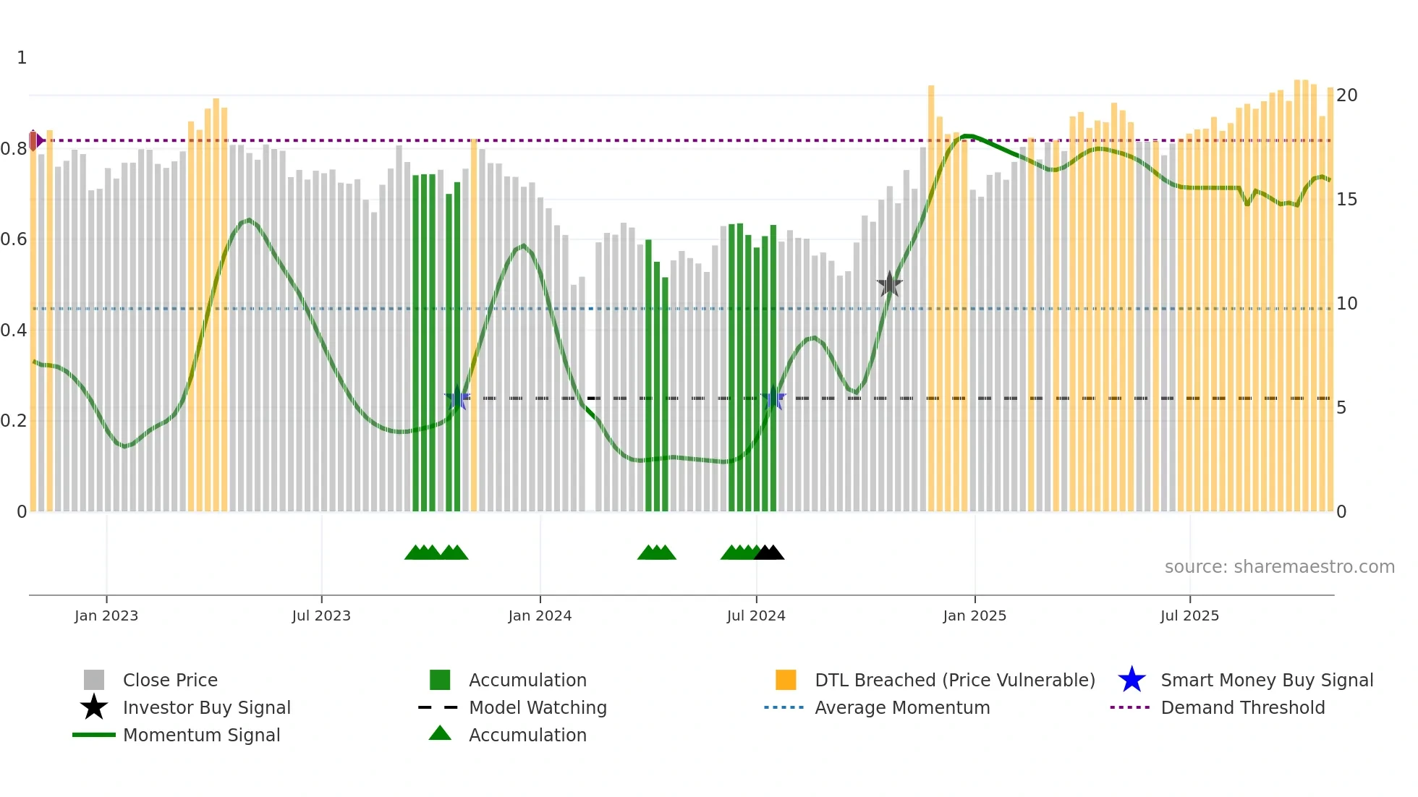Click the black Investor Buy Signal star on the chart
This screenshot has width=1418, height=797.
click(889, 284)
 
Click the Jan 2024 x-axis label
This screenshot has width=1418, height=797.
click(540, 615)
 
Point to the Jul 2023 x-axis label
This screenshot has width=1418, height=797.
click(321, 615)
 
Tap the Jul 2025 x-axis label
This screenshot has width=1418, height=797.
click(1189, 615)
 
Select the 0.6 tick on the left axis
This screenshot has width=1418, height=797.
click(14, 239)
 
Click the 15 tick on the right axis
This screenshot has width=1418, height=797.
click(1346, 200)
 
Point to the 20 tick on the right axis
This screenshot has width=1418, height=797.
click(1346, 95)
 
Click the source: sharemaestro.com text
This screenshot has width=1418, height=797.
click(1279, 567)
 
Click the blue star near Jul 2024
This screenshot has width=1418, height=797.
click(773, 399)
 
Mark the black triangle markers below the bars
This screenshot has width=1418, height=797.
click(769, 553)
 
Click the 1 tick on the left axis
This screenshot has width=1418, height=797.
click(22, 58)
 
